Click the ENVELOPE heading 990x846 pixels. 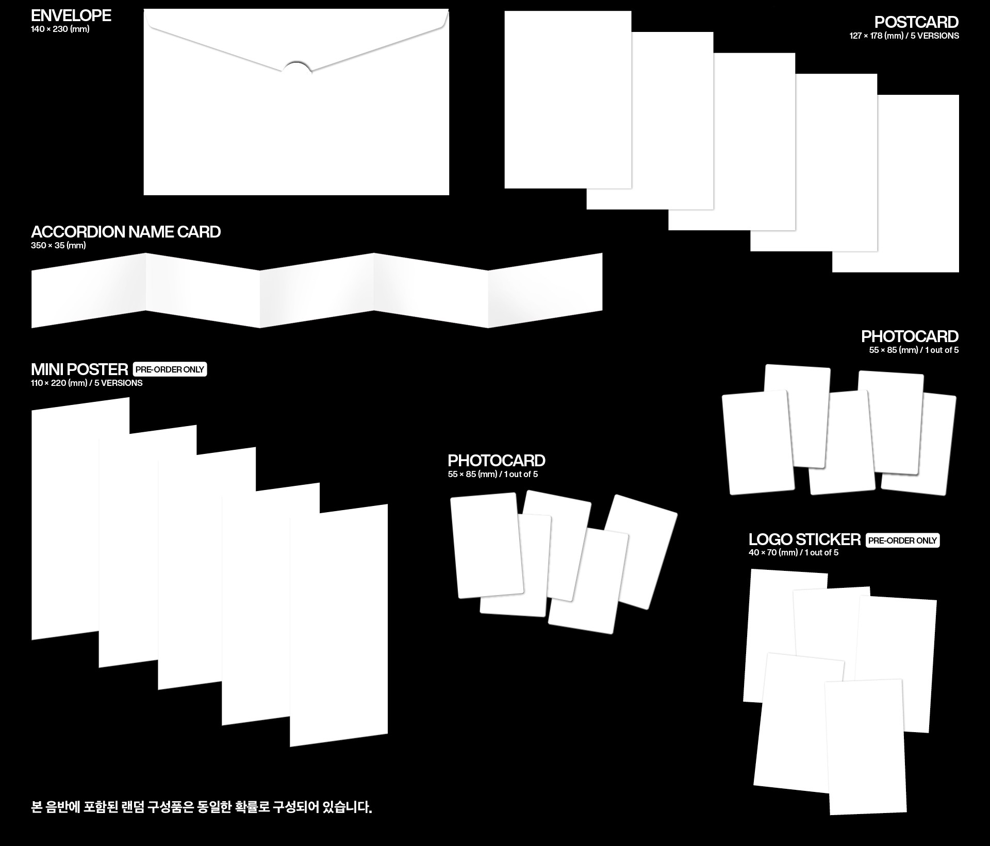point(71,15)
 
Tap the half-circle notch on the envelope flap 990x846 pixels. point(296,67)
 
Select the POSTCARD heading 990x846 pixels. point(916,22)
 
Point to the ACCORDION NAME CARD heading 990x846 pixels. point(126,232)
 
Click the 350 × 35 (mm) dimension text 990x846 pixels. point(58,245)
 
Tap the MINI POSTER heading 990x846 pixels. point(79,369)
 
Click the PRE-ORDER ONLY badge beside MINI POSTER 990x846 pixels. point(170,369)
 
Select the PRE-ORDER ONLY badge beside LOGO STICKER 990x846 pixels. point(903,540)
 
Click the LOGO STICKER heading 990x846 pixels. point(804,539)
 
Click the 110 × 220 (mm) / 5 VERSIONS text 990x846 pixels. point(87,383)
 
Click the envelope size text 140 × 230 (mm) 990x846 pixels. point(60,29)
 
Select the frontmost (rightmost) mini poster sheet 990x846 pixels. point(339,625)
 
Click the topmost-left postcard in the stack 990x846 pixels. point(568,99)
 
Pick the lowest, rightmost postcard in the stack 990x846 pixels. point(896,183)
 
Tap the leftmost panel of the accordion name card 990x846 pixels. point(88,291)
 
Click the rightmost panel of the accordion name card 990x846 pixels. point(546,291)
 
